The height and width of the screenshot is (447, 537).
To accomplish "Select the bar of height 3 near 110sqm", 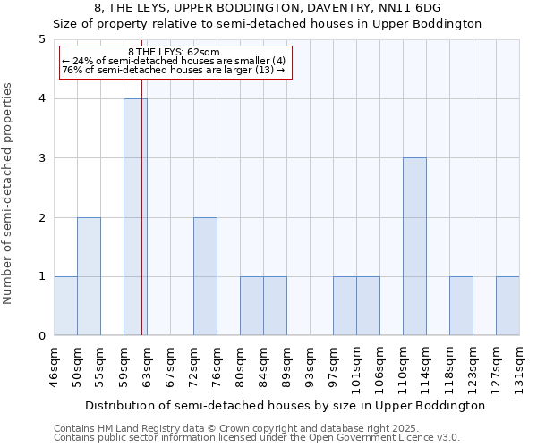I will (x=414, y=247).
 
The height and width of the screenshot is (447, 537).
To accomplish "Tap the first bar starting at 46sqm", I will (x=65, y=306).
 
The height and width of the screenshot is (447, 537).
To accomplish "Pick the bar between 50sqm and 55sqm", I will (x=89, y=276).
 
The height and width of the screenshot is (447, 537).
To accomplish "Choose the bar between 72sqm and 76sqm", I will (x=205, y=276).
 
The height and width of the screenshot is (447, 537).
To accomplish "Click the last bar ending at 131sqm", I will (x=507, y=306).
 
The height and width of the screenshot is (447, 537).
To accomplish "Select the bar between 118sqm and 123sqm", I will (x=461, y=306).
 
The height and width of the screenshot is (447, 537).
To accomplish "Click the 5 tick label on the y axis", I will (x=42, y=39).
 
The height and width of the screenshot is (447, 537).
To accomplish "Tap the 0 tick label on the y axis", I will (x=42, y=336).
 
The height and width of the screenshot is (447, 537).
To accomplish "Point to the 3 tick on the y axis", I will (x=42, y=158).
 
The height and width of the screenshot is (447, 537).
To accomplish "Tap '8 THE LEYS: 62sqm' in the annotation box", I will (x=174, y=53).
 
